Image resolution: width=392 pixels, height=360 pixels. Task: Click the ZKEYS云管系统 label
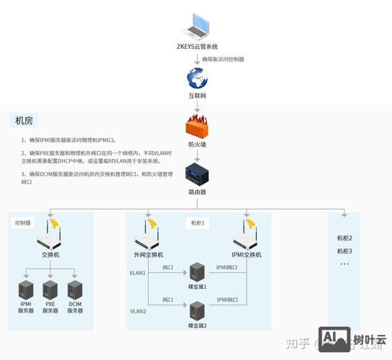[196, 46]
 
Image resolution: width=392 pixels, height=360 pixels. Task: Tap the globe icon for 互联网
[196, 78]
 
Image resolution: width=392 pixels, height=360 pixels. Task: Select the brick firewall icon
[196, 127]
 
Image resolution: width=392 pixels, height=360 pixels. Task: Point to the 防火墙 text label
[196, 145]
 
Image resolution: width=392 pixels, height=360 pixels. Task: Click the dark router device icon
[196, 174]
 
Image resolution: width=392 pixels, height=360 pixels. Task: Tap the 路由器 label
[196, 192]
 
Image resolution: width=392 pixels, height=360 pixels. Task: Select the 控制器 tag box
[23, 223]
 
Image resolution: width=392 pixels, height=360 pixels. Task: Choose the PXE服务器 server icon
[50, 290]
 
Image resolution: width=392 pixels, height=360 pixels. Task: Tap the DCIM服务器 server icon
[75, 290]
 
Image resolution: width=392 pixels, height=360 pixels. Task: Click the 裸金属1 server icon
[196, 272]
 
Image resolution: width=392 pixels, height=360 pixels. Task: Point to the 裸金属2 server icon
[196, 311]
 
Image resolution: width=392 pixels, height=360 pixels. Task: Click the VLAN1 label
[137, 273]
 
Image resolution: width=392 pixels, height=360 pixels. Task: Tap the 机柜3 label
[345, 251]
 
